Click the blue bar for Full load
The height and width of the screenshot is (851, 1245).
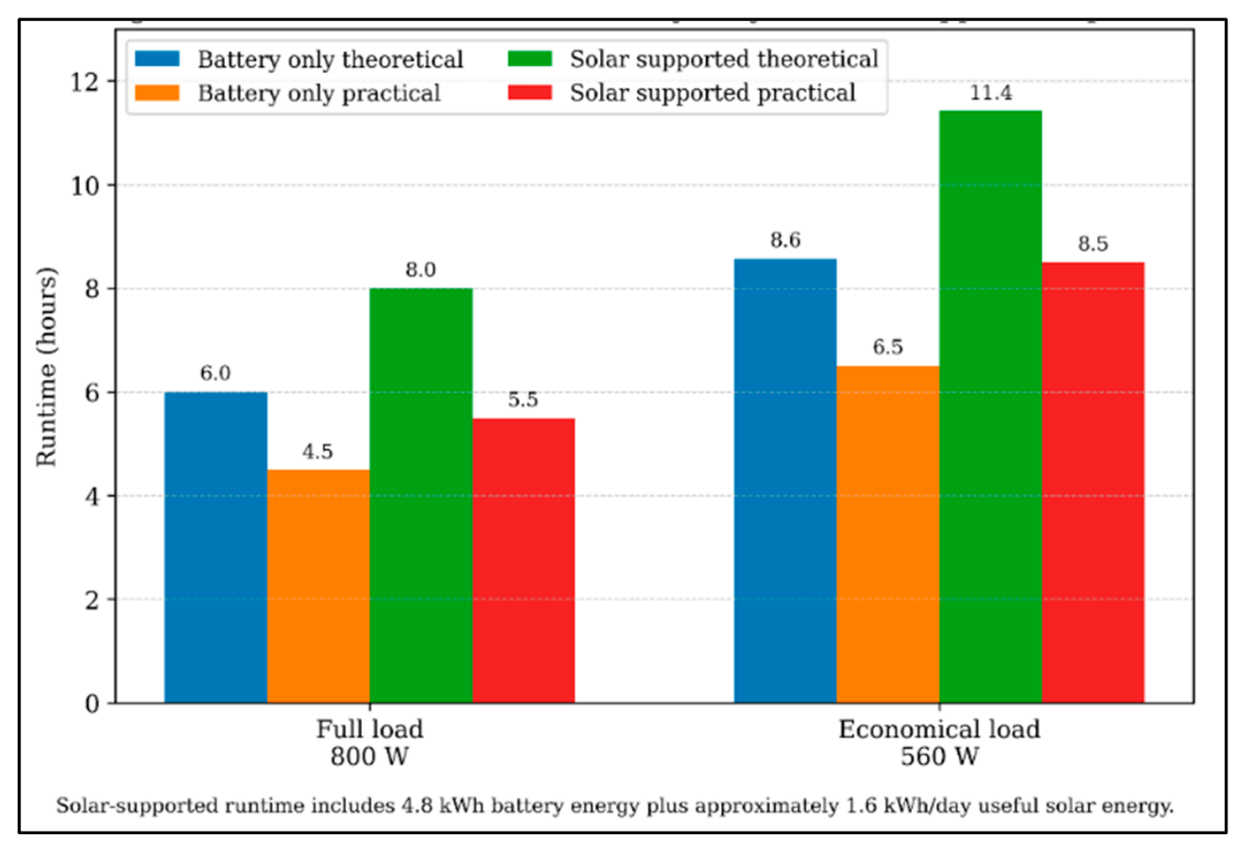coord(215,548)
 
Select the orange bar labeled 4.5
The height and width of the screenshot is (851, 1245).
coord(318,586)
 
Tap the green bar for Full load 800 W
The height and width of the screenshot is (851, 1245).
coord(422,496)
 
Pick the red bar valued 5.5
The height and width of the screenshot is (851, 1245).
coord(524,561)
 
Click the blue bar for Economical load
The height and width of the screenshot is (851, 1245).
coord(785,481)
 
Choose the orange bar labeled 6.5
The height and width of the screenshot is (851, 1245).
coord(888,535)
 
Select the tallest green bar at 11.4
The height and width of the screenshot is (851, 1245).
coord(991,406)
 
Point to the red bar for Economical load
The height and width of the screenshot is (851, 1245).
coord(1093,483)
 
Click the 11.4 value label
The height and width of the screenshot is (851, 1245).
coord(991,93)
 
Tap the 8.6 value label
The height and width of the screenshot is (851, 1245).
coord(785,240)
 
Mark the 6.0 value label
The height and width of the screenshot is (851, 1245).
coord(215,374)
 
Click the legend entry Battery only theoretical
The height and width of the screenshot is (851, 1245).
coord(299,60)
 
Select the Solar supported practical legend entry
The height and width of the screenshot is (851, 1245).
coord(682,93)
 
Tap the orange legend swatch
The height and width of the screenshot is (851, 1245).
coord(157,93)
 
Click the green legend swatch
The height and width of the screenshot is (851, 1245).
coord(530,59)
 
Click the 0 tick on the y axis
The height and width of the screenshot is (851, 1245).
coord(92,704)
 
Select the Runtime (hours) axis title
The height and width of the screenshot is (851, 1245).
coord(47,367)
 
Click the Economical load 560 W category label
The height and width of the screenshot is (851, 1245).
coord(939,743)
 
